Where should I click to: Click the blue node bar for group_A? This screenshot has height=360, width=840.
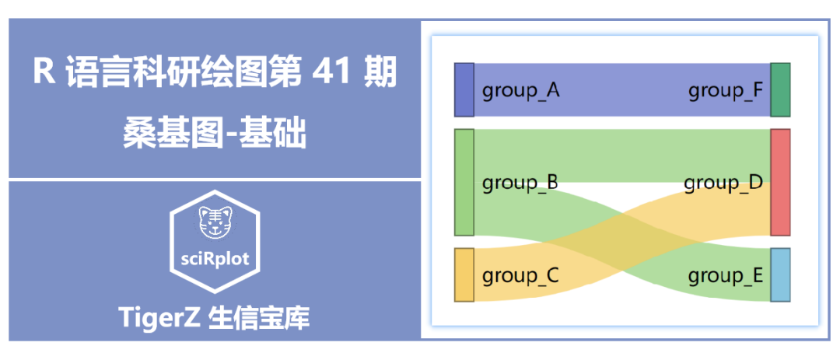click(x=464, y=89)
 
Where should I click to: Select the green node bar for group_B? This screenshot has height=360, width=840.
click(x=464, y=183)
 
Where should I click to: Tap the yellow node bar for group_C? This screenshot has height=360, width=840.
click(x=464, y=274)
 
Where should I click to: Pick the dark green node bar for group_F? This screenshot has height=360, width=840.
click(x=780, y=89)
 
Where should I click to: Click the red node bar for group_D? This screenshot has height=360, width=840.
click(x=780, y=183)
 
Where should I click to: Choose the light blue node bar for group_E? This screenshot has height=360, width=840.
click(x=780, y=274)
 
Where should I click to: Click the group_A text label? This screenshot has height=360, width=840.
click(x=520, y=91)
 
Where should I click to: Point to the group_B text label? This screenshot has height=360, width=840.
click(x=520, y=183)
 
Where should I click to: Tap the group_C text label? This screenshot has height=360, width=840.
click(x=520, y=275)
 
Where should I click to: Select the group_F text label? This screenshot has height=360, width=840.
click(x=725, y=91)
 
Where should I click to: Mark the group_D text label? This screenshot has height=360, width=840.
click(x=723, y=183)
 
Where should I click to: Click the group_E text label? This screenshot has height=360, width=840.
click(x=725, y=275)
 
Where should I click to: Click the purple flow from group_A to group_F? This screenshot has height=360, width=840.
click(x=622, y=89)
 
